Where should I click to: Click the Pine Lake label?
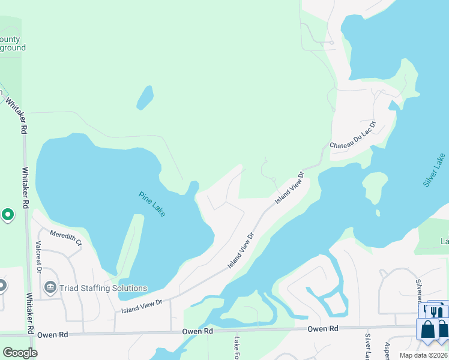coord(151,204)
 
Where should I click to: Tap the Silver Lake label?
coord(434,170)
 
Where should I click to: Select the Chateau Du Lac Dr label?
coord(353,137)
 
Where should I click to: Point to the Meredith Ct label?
coord(66,238)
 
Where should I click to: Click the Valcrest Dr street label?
coord(38,258)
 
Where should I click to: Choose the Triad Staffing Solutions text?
coord(94,288)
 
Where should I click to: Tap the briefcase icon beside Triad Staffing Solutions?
coord(50,287)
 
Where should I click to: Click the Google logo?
coord(19,352)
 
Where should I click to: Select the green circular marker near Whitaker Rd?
coord(8,214)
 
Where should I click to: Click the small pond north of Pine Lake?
coord(145,97)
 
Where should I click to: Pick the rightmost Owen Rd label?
coord(323,329)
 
